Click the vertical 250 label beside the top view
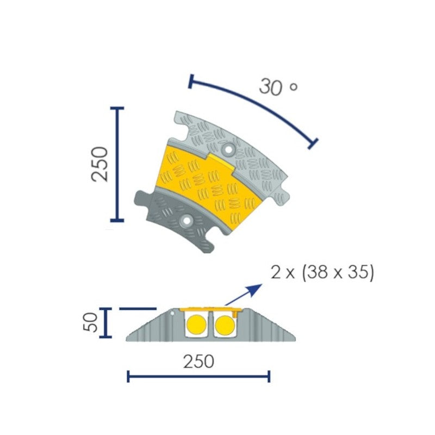tap(100, 164)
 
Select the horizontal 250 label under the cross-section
tap(198, 361)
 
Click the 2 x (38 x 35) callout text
tap(322, 272)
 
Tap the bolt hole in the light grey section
tap(227, 148)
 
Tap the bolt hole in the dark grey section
tap(187, 220)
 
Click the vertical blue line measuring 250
tap(117, 164)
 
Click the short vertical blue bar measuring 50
tap(105, 322)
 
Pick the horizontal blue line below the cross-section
tap(198, 376)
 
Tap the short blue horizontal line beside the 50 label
tap(138, 309)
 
